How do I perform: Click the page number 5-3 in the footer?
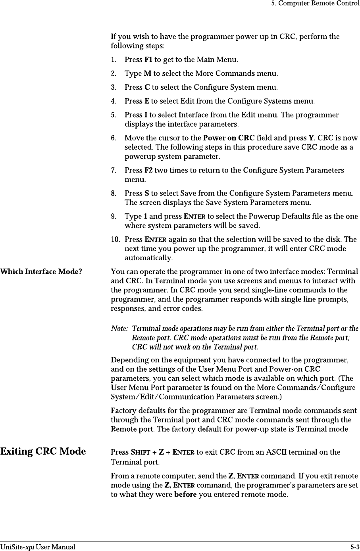pyautogui.click(x=355, y=547)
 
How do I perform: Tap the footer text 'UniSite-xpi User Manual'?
pyautogui.click(x=38, y=547)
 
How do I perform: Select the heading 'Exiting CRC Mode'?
pyautogui.click(x=43, y=451)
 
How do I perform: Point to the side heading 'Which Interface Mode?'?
pyautogui.click(x=41, y=272)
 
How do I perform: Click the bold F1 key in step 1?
pyautogui.click(x=148, y=60)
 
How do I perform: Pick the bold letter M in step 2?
pyautogui.click(x=147, y=74)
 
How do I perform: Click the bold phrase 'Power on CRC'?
pyautogui.click(x=229, y=138)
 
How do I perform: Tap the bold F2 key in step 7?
pyautogui.click(x=148, y=171)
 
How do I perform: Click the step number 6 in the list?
pyautogui.click(x=114, y=138)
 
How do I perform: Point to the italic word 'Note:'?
pyautogui.click(x=119, y=329)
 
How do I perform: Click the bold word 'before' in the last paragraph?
pyautogui.click(x=185, y=495)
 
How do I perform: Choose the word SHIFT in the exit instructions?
pyautogui.click(x=141, y=452)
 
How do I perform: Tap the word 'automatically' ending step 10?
pyautogui.click(x=148, y=258)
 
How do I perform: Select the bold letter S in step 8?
pyautogui.click(x=146, y=194)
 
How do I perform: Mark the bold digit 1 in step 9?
pyautogui.click(x=145, y=217)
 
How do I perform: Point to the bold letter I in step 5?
pyautogui.click(x=146, y=115)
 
